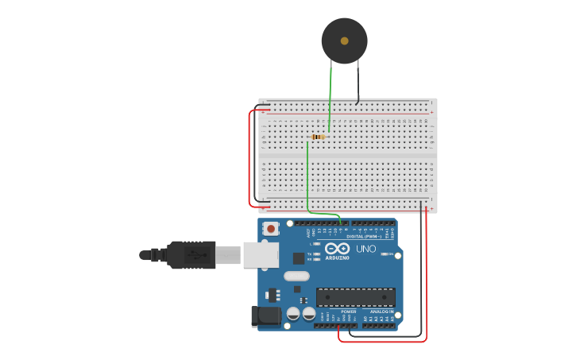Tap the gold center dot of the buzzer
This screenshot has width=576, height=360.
344,41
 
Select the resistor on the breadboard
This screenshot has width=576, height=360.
319,137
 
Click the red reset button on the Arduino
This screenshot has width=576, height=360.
271,229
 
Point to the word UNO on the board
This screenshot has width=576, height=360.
365,249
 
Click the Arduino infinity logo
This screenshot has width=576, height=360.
337,249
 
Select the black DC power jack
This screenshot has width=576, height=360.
265,315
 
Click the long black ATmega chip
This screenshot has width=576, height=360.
355,297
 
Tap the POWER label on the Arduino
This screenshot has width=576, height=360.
349,312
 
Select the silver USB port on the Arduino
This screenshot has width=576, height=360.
261,255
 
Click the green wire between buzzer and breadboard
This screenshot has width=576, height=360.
331,95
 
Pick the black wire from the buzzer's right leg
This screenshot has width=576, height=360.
358,83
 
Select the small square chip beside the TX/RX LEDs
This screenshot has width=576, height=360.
299,257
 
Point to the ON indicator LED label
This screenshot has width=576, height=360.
390,254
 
